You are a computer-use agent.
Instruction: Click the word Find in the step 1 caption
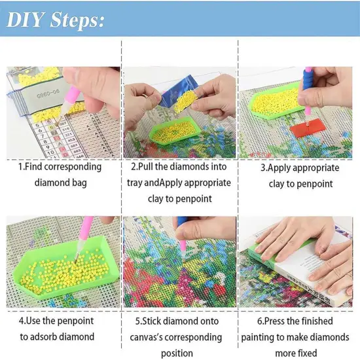pyautogui.click(x=35, y=166)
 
